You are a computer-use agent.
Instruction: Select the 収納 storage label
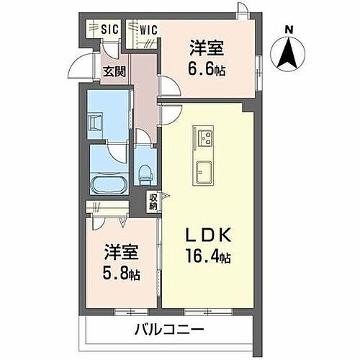(153, 202)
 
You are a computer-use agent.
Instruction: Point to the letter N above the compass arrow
(289, 29)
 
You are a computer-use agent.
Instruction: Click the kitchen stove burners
(203, 137)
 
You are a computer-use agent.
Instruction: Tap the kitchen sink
(203, 171)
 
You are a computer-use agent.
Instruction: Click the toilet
(145, 171)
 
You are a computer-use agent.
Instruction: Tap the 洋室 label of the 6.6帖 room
(206, 48)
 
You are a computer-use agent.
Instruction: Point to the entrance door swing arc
(90, 65)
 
